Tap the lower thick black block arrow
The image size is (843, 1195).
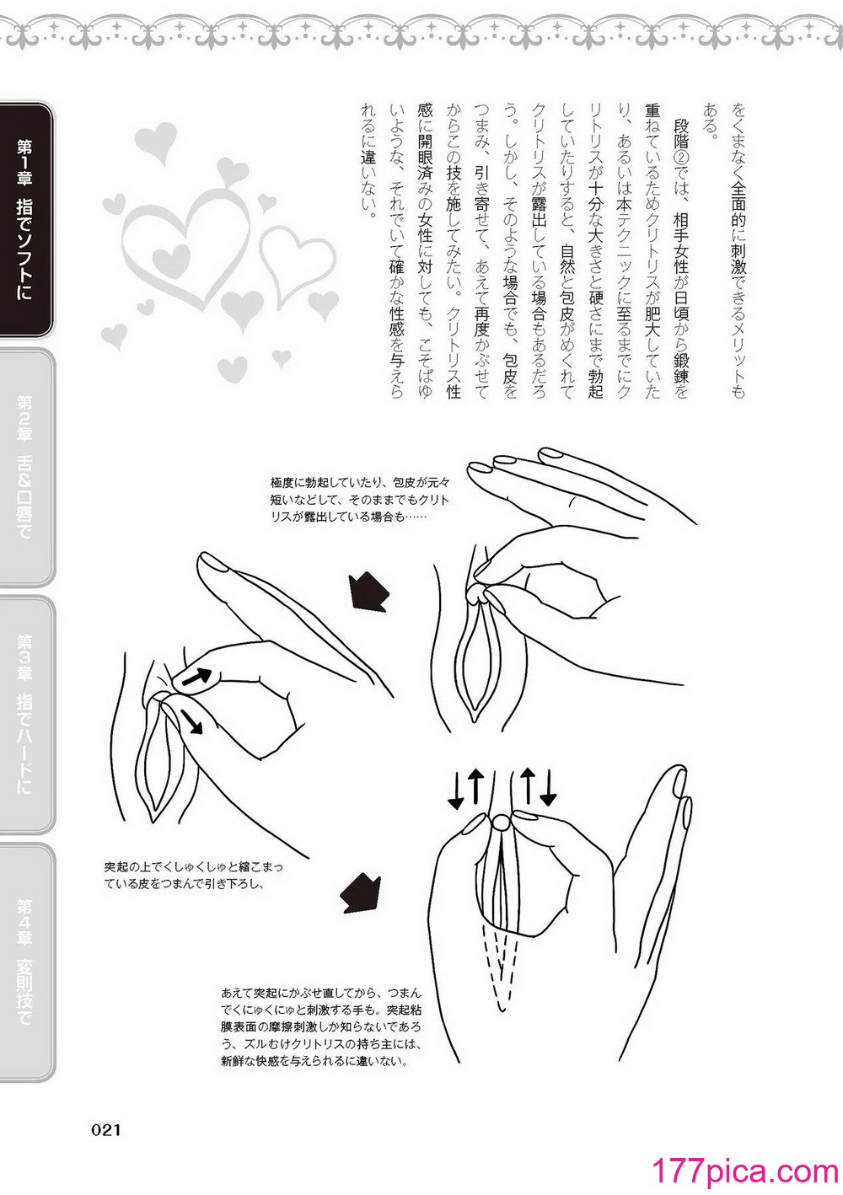click(x=359, y=893)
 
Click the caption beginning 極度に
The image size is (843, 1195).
click(x=361, y=500)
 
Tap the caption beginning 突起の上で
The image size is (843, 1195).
click(x=194, y=876)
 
